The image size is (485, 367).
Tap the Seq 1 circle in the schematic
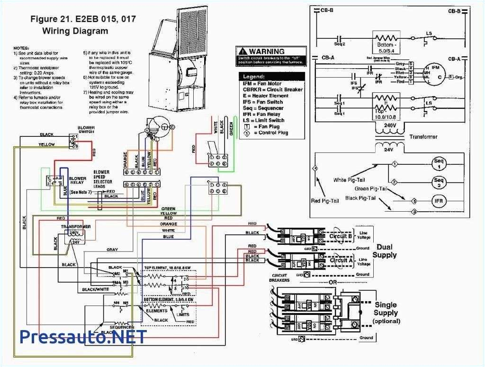click(x=439, y=164)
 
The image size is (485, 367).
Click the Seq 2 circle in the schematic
click(x=439, y=181)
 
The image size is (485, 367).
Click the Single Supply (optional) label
click(x=386, y=313)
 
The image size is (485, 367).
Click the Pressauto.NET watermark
click(x=83, y=337)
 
